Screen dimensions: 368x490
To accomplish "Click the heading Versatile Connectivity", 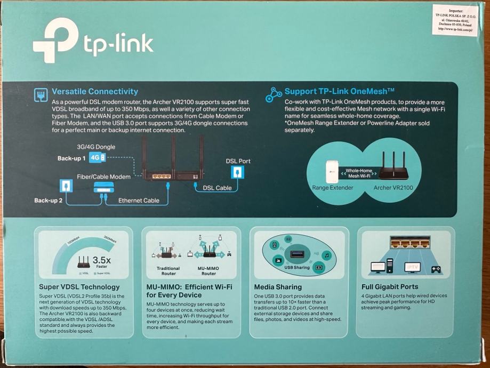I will coord(95,92).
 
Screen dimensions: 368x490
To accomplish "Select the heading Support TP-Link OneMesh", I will coord(335,91).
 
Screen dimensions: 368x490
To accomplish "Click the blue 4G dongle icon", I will coord(98,157).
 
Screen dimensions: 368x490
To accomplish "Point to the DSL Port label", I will coord(238,161).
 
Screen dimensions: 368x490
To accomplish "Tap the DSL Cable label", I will coord(218,188).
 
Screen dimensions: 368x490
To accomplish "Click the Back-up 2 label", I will coord(49,201).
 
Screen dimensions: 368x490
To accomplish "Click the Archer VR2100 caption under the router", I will coord(393,188).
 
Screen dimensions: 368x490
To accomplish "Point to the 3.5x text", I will coord(101,260).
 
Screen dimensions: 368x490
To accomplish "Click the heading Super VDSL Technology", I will coord(78,287).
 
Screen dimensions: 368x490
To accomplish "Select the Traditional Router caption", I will coord(168,271).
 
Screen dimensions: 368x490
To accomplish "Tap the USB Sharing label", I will coord(297,267).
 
